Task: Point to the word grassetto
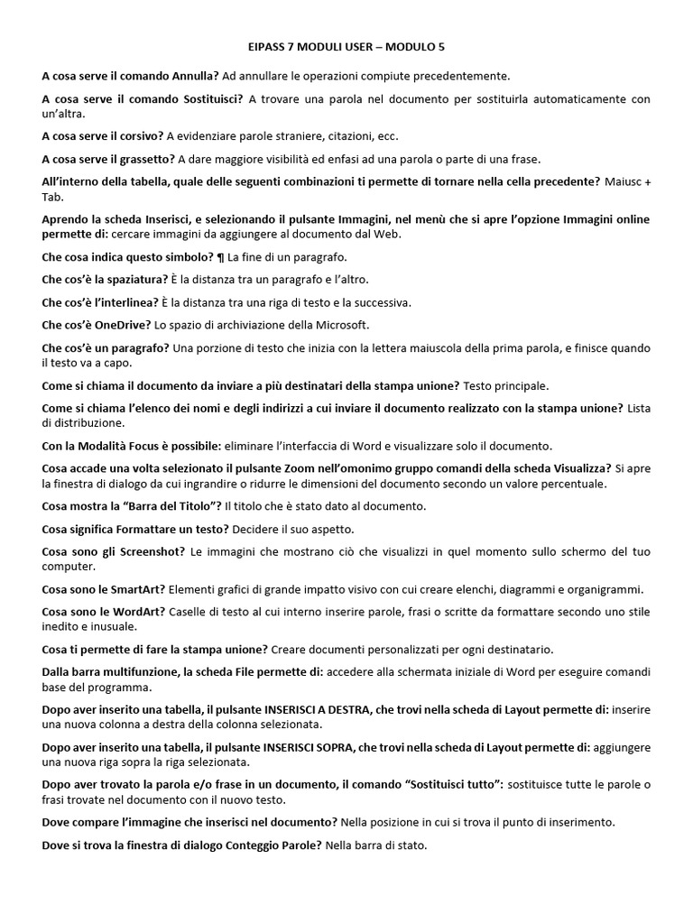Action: click(x=147, y=159)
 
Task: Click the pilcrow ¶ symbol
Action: click(x=221, y=257)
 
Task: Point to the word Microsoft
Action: click(x=338, y=325)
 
